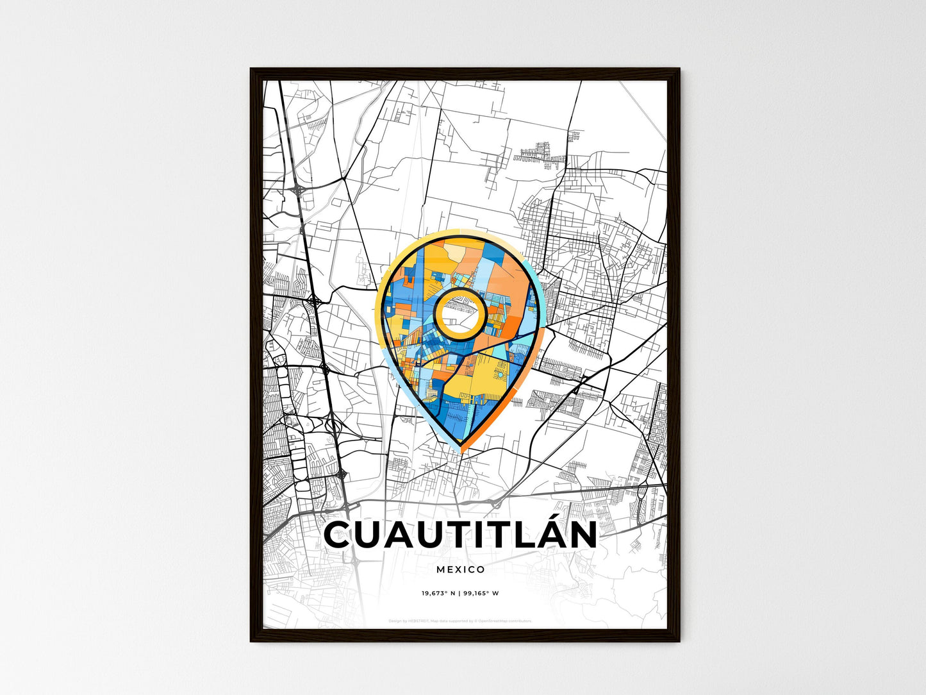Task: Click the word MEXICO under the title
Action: click(x=461, y=569)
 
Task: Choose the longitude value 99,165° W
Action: click(x=482, y=594)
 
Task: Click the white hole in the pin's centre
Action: click(x=458, y=314)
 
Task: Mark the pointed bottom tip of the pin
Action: click(x=460, y=446)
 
